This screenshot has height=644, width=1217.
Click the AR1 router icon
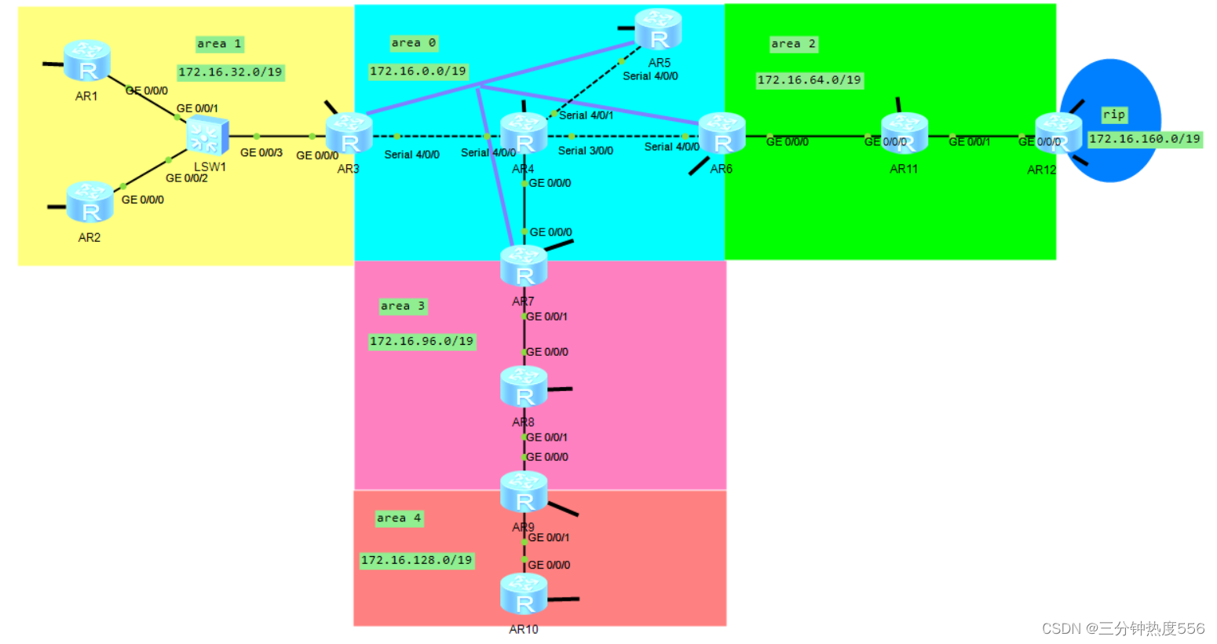point(86,60)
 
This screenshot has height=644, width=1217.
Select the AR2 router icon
point(90,202)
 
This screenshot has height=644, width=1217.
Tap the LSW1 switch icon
point(207,135)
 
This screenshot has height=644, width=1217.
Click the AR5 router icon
point(658,29)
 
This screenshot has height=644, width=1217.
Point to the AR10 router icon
point(524,594)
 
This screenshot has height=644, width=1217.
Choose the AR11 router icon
point(904,134)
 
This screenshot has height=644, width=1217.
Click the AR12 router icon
point(1058,134)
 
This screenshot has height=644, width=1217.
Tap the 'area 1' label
point(219,44)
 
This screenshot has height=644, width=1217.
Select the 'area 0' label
point(413,43)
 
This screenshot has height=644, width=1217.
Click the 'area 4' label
point(399,518)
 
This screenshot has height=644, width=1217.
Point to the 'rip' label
point(1113,115)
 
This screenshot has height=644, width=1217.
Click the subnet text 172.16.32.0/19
point(230,72)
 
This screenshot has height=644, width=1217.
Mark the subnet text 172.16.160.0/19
point(1144,139)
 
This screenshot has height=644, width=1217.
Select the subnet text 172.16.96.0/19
point(422,342)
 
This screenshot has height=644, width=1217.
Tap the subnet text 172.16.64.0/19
point(809,80)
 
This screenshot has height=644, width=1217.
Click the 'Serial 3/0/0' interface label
point(586,151)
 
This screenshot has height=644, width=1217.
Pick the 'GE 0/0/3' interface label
point(261,152)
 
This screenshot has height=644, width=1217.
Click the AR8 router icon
point(524,386)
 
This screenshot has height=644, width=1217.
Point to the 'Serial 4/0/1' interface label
point(586,115)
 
